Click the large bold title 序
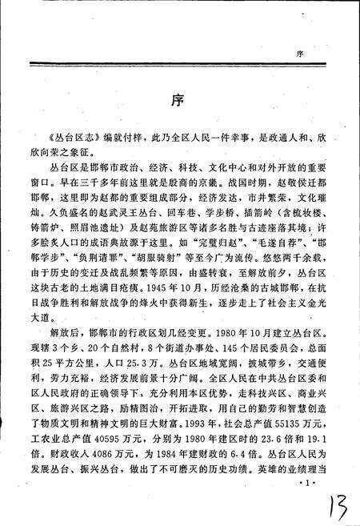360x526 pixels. pyautogui.click(x=180, y=102)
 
